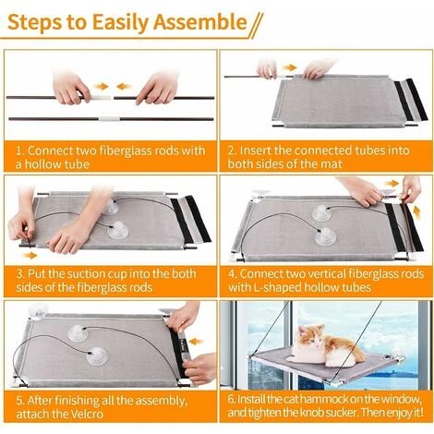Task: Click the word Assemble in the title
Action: tap(200, 22)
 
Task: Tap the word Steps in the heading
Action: tap(34, 22)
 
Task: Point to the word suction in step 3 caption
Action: tap(86, 273)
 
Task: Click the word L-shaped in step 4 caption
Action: tap(276, 287)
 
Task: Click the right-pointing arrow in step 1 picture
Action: tap(102, 87)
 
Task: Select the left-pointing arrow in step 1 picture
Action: tap(124, 87)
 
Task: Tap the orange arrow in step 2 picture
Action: tap(289, 67)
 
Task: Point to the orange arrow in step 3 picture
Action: tap(30, 255)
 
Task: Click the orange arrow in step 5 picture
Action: tap(197, 342)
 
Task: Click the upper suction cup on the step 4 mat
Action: tap(321, 213)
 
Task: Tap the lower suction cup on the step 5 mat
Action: tap(97, 356)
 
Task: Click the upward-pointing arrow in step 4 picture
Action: tap(416, 212)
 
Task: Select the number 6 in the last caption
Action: tap(231, 399)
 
